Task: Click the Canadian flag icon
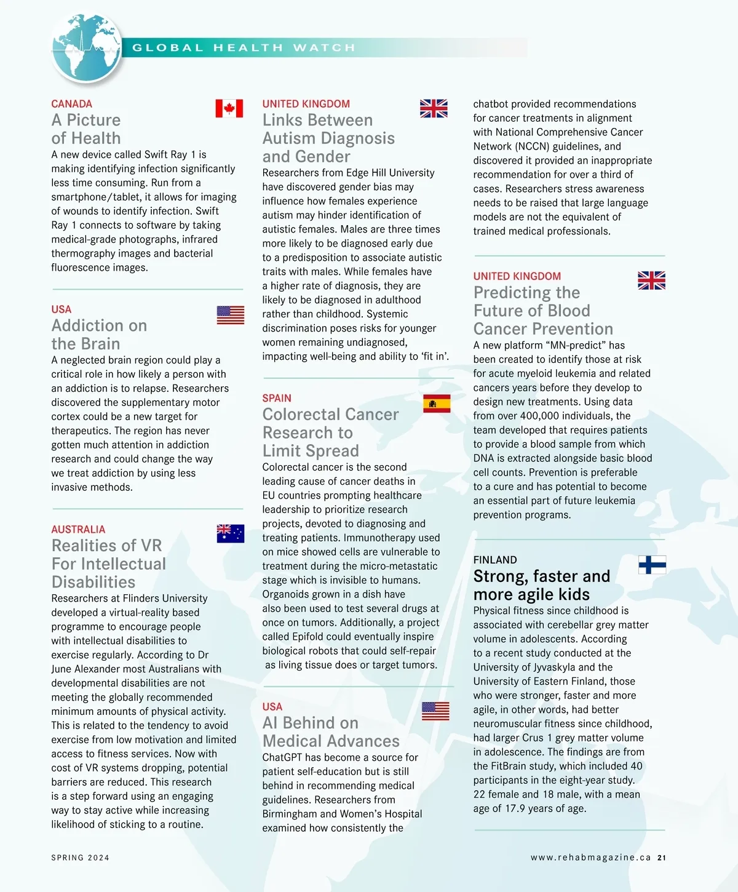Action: coord(229,108)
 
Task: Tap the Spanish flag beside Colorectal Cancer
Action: coord(437,404)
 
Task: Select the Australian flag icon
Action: coord(231,533)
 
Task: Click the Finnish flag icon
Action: coord(652,564)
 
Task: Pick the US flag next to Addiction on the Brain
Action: coord(231,315)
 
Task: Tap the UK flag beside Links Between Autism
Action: coord(434,108)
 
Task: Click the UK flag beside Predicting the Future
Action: coord(651,281)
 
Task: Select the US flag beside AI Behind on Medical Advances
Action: coord(435,711)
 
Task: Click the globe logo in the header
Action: coord(86,48)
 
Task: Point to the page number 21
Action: coord(662,858)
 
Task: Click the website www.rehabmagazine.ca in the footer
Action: coord(590,858)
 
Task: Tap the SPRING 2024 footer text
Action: coord(80,858)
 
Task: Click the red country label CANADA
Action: coord(71,104)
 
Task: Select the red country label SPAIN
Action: coord(277,398)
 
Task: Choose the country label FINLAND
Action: coord(495,560)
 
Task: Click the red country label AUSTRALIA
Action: coord(78,529)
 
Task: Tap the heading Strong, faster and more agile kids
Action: coord(541,585)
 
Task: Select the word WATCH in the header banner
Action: coord(324,48)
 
